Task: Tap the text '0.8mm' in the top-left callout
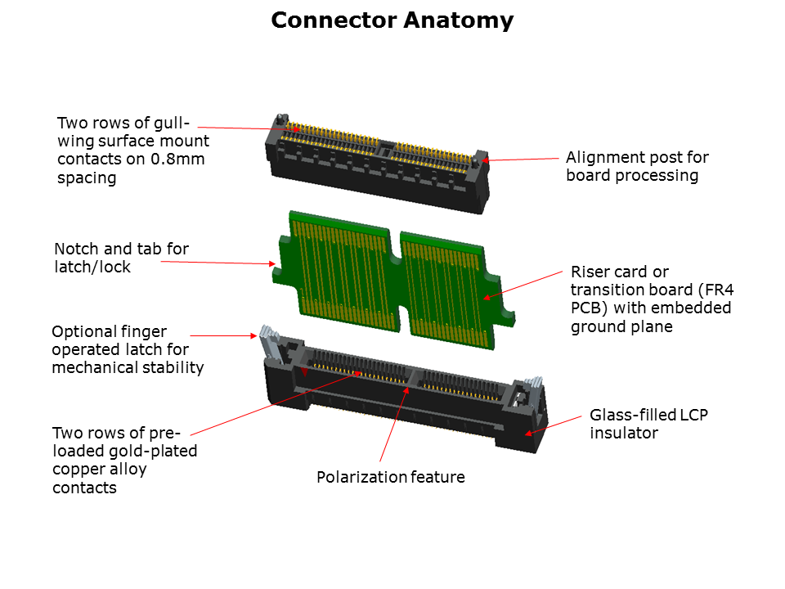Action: pyautogui.click(x=177, y=160)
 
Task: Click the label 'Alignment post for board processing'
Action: pyautogui.click(x=637, y=166)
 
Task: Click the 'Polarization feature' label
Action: pyautogui.click(x=391, y=477)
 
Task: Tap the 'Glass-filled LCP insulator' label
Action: pyautogui.click(x=648, y=424)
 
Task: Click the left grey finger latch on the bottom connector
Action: pyautogui.click(x=267, y=335)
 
